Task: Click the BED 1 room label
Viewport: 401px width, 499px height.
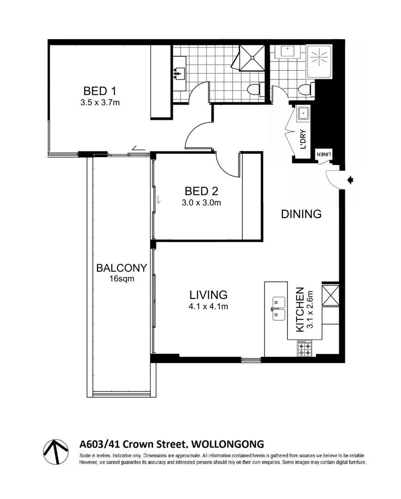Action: click(99, 91)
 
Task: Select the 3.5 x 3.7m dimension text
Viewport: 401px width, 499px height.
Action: click(99, 103)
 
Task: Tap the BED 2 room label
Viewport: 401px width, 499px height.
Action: click(201, 191)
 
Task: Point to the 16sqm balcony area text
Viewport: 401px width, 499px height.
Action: click(122, 279)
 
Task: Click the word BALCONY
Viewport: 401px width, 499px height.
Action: click(122, 268)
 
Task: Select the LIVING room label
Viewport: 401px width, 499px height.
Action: click(208, 294)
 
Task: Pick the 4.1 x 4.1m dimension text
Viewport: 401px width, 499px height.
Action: click(208, 306)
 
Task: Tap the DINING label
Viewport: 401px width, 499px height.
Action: click(301, 214)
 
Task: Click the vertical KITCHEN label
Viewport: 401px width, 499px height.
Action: click(299, 310)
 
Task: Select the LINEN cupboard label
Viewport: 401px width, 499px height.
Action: click(324, 155)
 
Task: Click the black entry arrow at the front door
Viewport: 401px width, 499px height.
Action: click(350, 180)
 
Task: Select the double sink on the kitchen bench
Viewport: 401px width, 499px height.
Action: click(279, 308)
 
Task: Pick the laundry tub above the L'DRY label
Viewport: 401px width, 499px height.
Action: click(304, 113)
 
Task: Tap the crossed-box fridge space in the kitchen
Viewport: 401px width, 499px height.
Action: click(331, 295)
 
